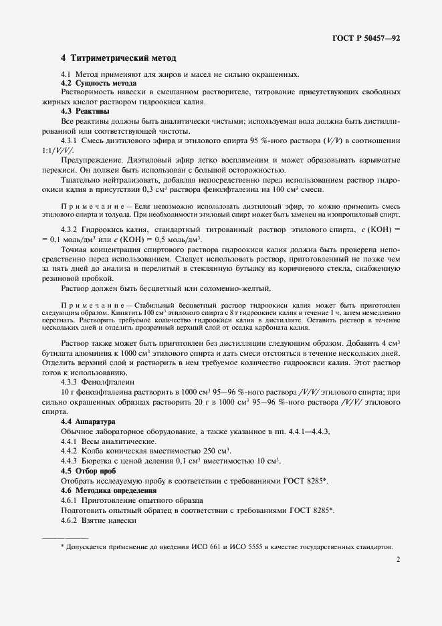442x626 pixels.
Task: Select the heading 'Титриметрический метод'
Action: click(x=124, y=59)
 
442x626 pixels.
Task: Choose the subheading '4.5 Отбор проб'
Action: click(x=88, y=471)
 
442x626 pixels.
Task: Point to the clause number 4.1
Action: click(x=66, y=74)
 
